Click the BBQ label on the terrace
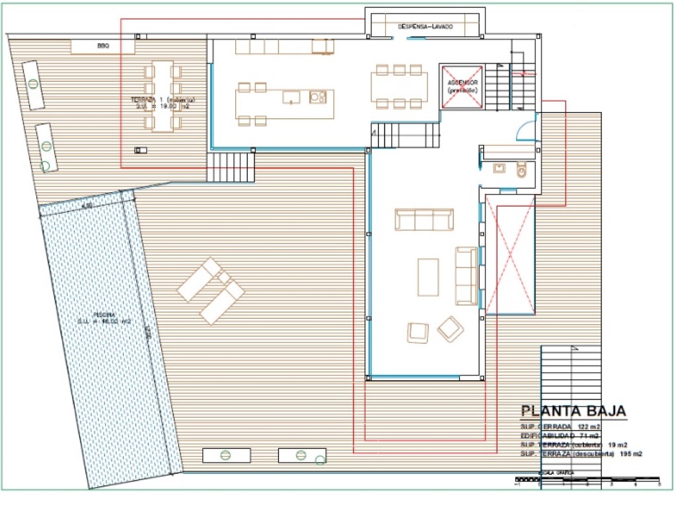coord(102,46)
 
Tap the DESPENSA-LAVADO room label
coord(425,26)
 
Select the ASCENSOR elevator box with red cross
coord(463,86)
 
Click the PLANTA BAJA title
coord(573,411)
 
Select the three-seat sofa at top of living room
coord(424,220)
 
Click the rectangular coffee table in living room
coord(428,277)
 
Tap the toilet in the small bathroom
coord(522,170)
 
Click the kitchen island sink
coord(291,97)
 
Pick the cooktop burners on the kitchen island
coord(318,97)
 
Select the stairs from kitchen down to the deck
coord(231,167)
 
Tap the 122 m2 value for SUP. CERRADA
coord(589,426)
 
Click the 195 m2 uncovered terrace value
coord(631,454)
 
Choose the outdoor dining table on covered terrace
coord(163,96)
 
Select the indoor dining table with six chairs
coord(396,86)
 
